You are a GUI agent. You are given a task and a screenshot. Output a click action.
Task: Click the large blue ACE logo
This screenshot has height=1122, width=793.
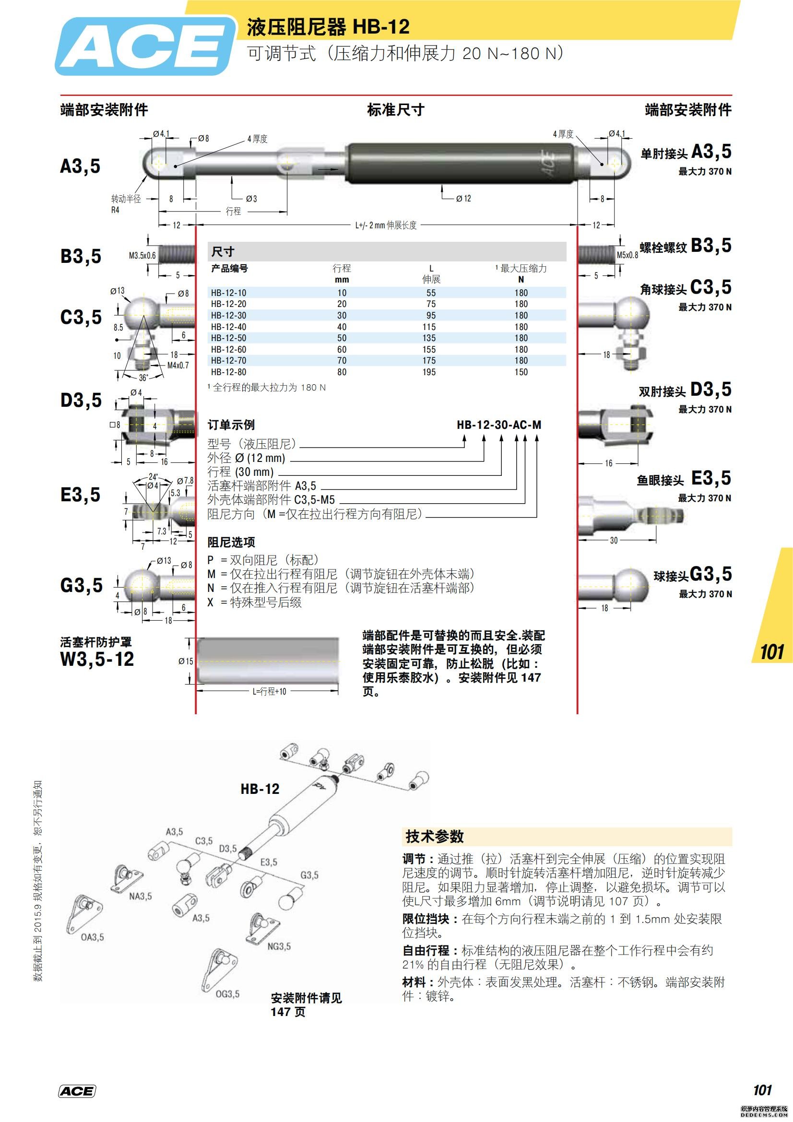pyautogui.click(x=144, y=47)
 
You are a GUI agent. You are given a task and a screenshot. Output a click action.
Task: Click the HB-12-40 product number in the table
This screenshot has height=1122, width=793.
pyautogui.click(x=228, y=327)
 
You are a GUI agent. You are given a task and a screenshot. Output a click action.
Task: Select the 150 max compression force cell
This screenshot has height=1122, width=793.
pyautogui.click(x=521, y=372)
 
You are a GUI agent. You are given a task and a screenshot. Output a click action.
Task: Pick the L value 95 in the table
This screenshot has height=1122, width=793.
pyautogui.click(x=430, y=315)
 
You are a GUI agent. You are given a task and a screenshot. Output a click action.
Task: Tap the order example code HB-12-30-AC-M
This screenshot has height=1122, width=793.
pyautogui.click(x=499, y=425)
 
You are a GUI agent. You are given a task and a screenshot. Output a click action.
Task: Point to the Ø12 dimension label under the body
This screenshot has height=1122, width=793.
pyautogui.click(x=463, y=199)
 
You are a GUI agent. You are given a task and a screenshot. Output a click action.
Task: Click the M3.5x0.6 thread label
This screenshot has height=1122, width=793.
pyautogui.click(x=142, y=256)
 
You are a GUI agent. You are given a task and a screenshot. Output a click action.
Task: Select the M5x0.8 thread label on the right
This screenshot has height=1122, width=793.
pyautogui.click(x=627, y=255)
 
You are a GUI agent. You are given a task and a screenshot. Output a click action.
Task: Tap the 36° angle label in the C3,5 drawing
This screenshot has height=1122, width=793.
pyautogui.click(x=143, y=378)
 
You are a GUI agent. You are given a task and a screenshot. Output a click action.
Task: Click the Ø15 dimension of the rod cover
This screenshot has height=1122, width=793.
pyautogui.click(x=186, y=661)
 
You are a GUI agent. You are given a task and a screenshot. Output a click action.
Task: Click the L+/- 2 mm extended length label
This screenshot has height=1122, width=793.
pyautogui.click(x=386, y=225)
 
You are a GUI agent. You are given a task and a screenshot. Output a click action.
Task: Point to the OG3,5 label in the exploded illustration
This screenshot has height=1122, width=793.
pyautogui.click(x=228, y=994)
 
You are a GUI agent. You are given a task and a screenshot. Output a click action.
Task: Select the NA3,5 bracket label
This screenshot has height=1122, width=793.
pyautogui.click(x=140, y=896)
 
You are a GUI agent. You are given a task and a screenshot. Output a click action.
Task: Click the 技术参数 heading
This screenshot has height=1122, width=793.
pyautogui.click(x=434, y=837)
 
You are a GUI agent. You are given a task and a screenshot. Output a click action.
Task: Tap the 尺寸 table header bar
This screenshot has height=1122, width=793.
pyautogui.click(x=386, y=252)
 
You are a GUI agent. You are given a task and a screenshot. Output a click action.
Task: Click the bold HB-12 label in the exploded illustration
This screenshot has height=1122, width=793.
pyautogui.click(x=260, y=789)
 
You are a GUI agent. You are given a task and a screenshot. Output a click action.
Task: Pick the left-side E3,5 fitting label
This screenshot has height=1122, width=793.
pyautogui.click(x=80, y=495)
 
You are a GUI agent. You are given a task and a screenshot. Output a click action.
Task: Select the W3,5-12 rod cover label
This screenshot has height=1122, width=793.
pyautogui.click(x=97, y=659)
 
